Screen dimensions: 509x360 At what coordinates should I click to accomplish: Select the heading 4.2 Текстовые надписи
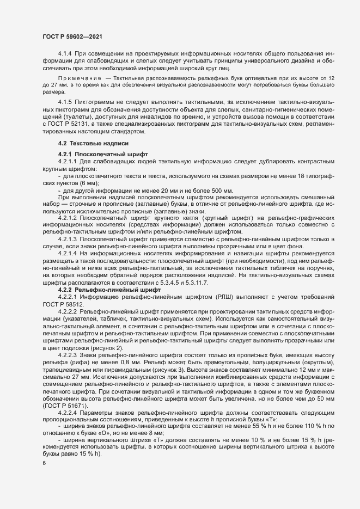point(93,143)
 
